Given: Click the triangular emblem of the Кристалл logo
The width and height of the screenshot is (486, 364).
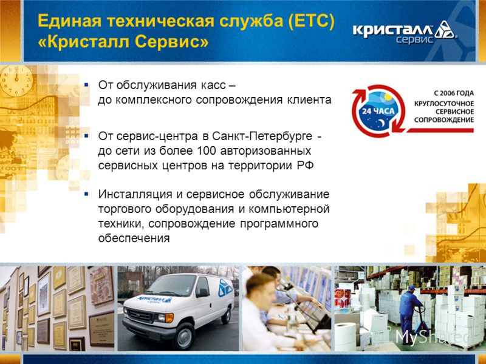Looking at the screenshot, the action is coord(445,29).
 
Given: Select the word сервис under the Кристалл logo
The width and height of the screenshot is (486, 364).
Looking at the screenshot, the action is coord(414,39).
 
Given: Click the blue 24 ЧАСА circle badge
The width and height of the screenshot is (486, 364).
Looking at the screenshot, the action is coord(378,111).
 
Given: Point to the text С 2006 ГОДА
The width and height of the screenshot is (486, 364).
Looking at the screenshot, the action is coord(454,93).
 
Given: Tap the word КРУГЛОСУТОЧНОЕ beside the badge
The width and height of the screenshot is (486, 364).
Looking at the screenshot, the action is coord(444,103).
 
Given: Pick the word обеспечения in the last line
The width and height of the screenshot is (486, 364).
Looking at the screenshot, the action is coord(134,238).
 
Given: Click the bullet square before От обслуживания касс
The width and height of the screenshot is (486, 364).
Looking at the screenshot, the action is coord(86,84).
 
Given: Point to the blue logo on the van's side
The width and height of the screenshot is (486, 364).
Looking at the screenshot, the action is coord(225,288).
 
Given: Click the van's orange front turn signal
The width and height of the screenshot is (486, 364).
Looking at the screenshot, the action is coord(169,318).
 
